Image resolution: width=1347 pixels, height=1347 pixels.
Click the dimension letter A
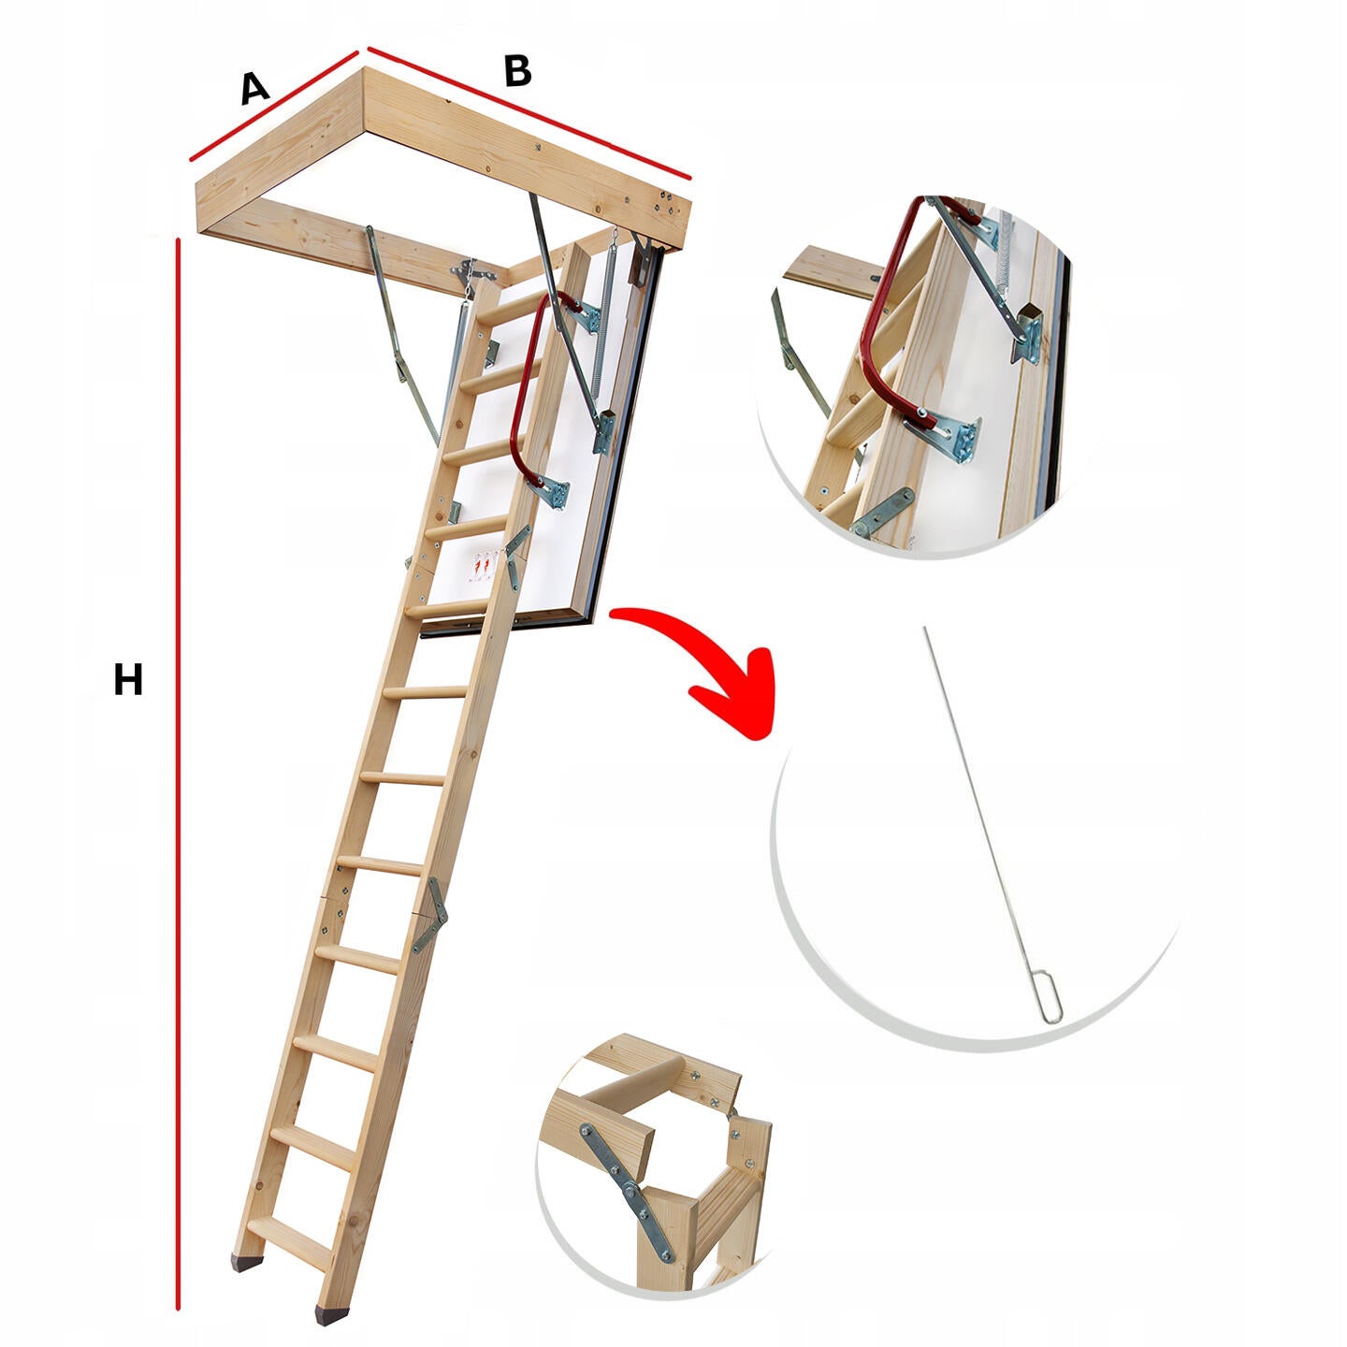coord(254,88)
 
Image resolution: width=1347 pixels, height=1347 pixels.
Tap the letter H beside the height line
coord(128,679)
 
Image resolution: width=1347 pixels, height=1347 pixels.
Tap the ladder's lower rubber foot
coord(331,1270)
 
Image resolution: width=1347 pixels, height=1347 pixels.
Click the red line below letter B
coord(529,112)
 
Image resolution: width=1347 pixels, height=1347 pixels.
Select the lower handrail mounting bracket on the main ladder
coord(551,489)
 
